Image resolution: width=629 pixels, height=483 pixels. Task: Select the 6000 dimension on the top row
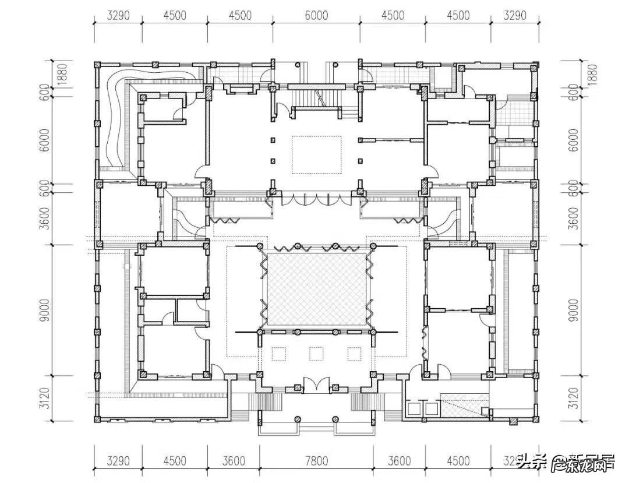[x=316, y=16]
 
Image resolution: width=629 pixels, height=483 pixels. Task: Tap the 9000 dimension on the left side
[x=45, y=310]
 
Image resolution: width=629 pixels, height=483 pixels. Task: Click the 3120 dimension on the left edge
[x=45, y=399]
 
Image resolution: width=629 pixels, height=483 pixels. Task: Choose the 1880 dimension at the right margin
[x=592, y=75]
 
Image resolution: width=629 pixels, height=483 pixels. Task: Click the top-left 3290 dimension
[x=118, y=16]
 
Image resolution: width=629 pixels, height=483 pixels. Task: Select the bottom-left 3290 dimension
[x=118, y=461]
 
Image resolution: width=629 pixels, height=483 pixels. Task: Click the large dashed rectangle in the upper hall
[x=316, y=155]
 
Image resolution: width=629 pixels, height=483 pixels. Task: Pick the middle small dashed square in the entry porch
[x=316, y=354]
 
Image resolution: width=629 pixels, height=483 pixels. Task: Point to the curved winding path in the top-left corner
[x=119, y=117]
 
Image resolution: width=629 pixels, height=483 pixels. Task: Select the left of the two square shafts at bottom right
[x=415, y=408]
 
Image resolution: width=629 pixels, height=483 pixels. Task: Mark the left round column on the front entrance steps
[x=297, y=419]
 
